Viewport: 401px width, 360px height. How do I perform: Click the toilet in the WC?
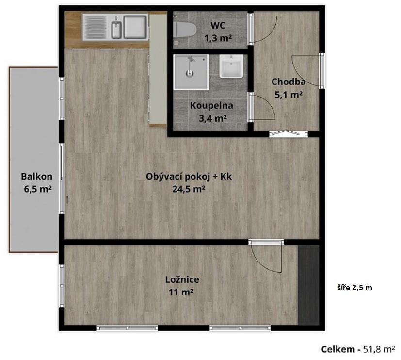coord(185,30)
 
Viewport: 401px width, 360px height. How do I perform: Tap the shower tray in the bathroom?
coord(191,72)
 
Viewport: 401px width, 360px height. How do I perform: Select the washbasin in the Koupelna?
coord(231,66)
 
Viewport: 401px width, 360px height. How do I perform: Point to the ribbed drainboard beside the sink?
coord(95,27)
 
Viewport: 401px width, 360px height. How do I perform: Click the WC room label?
coord(218,25)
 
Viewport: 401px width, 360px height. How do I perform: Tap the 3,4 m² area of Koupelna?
coord(213,118)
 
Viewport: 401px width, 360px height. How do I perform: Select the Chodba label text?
coord(288,82)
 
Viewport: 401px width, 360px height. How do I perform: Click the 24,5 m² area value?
coord(189,189)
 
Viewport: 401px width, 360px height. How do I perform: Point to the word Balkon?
coord(36,176)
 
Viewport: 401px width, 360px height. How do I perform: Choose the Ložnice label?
coord(182,279)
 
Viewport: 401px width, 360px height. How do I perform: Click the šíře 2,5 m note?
coord(355,288)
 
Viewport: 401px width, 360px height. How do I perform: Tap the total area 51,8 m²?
coord(379,349)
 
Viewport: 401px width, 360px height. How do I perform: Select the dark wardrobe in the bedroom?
coord(309,285)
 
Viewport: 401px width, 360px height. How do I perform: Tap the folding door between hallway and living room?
coord(289,133)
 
